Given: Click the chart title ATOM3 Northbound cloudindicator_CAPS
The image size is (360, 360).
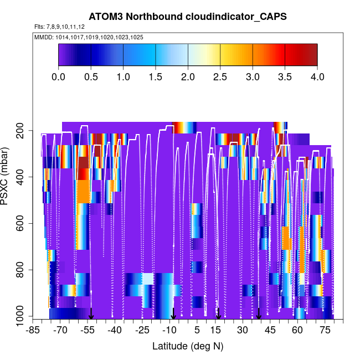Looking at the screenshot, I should tap(188, 16).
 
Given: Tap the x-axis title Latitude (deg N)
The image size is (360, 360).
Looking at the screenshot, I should tap(188, 346).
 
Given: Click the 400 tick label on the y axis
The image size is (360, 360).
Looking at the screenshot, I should tap(20, 177).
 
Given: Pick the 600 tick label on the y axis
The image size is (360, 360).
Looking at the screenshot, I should tap(20, 224).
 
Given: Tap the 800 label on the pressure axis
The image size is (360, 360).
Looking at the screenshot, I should tap(20, 270).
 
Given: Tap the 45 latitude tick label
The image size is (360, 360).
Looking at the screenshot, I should tap(270, 331).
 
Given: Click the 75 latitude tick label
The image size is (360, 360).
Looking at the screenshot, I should tap(325, 331).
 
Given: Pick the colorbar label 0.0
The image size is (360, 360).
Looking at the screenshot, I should tap(59, 76).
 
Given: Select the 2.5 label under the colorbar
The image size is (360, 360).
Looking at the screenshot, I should tap(220, 76).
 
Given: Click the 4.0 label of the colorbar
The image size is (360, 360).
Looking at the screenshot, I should tap(317, 76).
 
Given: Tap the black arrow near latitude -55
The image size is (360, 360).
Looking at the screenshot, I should tap(91, 314).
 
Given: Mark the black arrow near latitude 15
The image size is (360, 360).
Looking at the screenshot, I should tap(218, 314).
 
